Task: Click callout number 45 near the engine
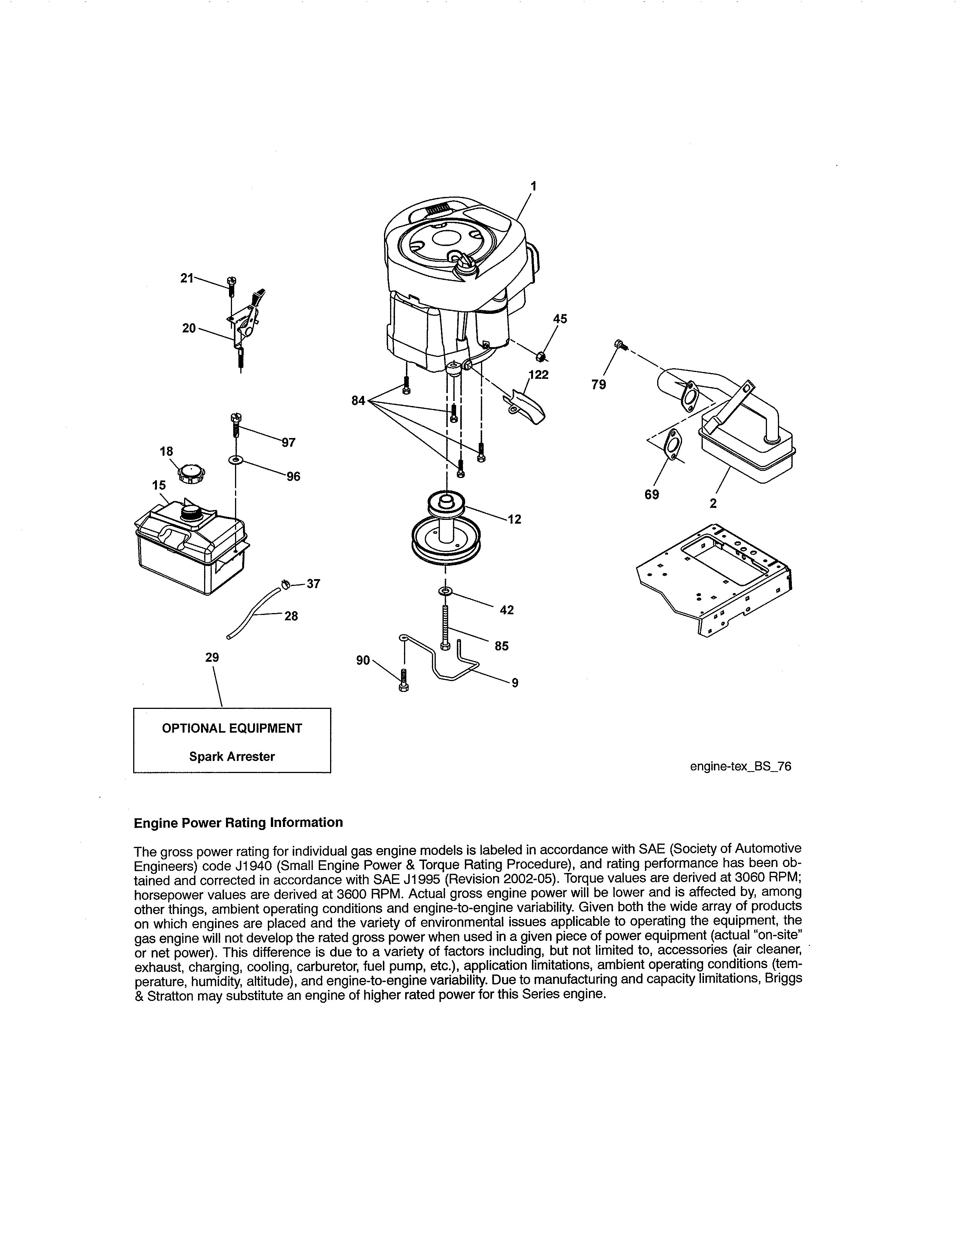point(560,319)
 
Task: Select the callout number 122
point(539,375)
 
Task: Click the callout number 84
point(358,401)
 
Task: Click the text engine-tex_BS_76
point(740,766)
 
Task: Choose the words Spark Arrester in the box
point(232,756)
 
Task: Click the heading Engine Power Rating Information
point(238,822)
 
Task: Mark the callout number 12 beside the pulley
point(514,520)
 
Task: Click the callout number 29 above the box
point(212,657)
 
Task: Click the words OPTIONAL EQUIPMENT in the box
point(232,728)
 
